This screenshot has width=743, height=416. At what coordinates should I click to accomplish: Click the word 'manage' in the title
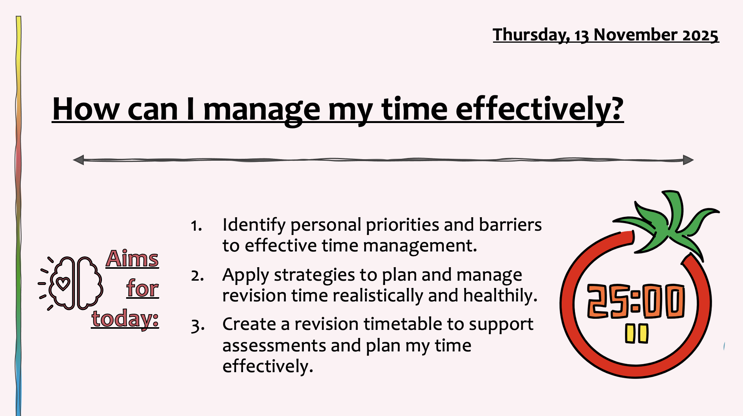[x=262, y=110]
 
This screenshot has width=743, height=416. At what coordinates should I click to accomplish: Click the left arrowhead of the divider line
[x=78, y=160]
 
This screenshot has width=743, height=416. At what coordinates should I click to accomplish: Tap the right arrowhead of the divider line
[x=688, y=160]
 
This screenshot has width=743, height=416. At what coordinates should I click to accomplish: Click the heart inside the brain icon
[x=63, y=284]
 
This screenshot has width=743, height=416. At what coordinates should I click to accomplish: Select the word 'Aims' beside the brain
[x=132, y=258]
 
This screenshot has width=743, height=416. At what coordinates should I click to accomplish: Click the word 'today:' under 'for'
[x=125, y=319]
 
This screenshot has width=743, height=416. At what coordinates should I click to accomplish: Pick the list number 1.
[x=197, y=226]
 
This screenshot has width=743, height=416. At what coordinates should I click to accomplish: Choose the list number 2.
[x=197, y=276]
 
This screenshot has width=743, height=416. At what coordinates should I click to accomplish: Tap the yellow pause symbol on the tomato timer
[x=636, y=333]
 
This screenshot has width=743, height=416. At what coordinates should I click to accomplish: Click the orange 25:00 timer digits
[x=636, y=301]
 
